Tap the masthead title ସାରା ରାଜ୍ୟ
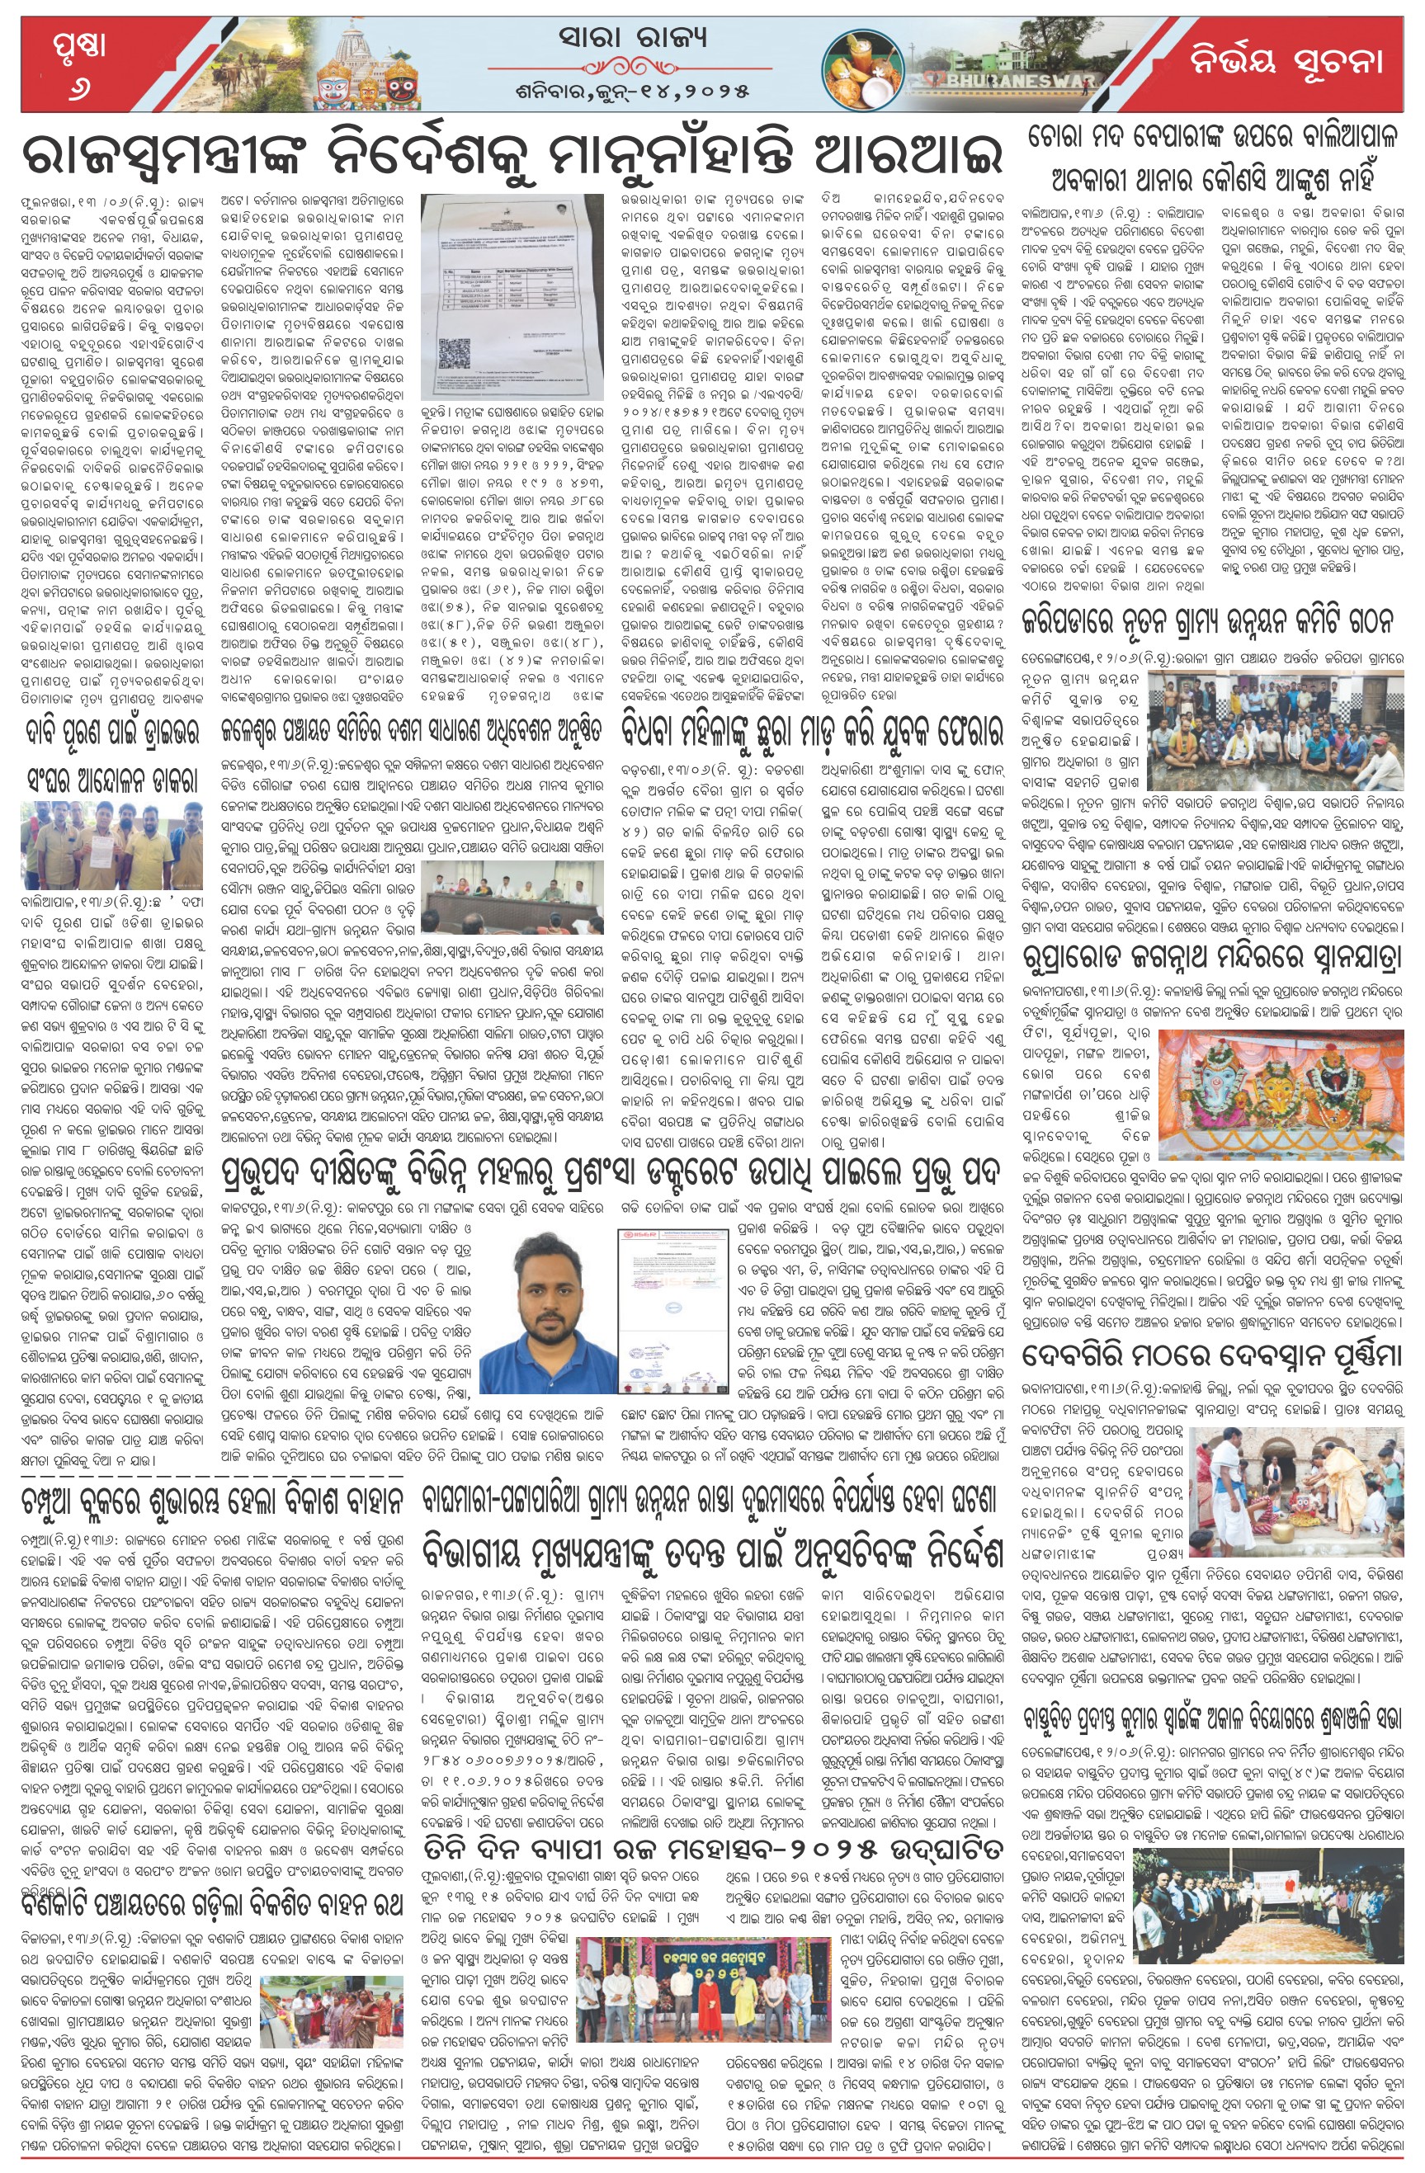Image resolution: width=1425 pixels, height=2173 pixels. (633, 37)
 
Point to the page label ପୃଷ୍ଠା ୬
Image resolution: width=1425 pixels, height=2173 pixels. (78, 62)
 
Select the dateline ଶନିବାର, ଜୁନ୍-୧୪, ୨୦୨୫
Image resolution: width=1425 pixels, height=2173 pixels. (632, 91)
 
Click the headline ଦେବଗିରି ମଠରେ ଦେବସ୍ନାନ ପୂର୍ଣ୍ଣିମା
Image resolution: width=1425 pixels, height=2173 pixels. (1211, 1354)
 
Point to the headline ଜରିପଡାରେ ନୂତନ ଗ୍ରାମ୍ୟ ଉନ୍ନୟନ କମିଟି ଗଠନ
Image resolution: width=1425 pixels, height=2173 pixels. (1211, 621)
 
